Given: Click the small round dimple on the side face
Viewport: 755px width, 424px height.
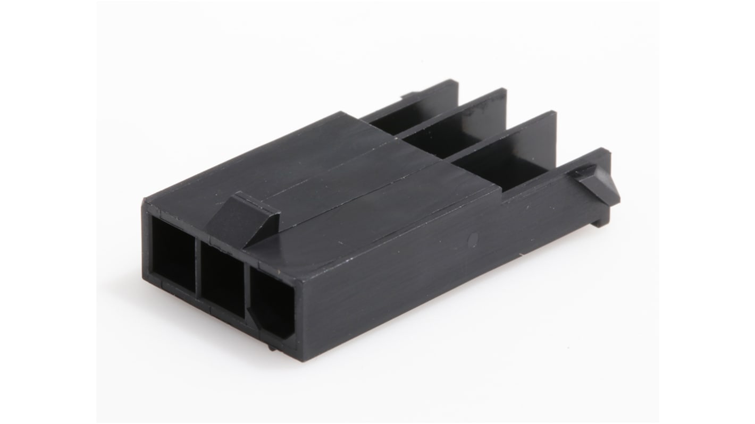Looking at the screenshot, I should click(474, 239).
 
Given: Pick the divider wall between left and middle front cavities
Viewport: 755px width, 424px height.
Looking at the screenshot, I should click(197, 266).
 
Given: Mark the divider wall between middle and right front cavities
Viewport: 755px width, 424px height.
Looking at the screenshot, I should click(246, 290).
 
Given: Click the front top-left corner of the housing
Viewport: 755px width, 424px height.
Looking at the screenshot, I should click(145, 200).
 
